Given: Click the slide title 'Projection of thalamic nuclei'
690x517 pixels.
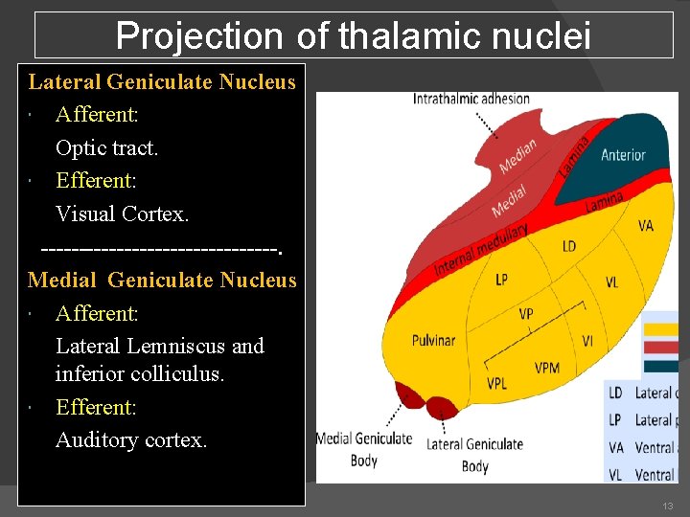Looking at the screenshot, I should click(354, 36).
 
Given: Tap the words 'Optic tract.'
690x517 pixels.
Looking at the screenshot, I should click(106, 147).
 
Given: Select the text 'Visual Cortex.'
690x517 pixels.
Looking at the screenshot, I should click(122, 214).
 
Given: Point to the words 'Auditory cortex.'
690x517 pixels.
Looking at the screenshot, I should click(131, 440).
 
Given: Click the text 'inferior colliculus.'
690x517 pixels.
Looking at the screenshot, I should click(140, 374).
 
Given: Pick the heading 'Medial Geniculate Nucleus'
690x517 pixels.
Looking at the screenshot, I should click(162, 280).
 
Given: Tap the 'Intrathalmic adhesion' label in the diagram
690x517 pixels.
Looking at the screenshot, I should click(471, 99).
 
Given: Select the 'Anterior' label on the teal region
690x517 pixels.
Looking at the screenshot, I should click(623, 155).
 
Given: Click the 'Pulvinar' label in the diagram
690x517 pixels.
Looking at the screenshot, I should click(433, 340).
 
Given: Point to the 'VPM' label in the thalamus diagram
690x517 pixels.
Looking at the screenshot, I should click(547, 368).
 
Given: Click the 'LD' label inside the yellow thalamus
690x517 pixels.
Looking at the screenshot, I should click(569, 246).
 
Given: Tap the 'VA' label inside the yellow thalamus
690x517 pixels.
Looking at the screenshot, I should click(646, 226).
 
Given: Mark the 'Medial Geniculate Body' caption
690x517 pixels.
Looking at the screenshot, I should click(364, 447).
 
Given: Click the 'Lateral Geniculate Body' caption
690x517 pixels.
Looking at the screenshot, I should click(474, 454).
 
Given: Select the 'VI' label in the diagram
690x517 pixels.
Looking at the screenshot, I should click(587, 341).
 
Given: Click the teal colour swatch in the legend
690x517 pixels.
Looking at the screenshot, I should click(660, 365).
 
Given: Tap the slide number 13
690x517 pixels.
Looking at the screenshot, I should click(667, 505).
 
